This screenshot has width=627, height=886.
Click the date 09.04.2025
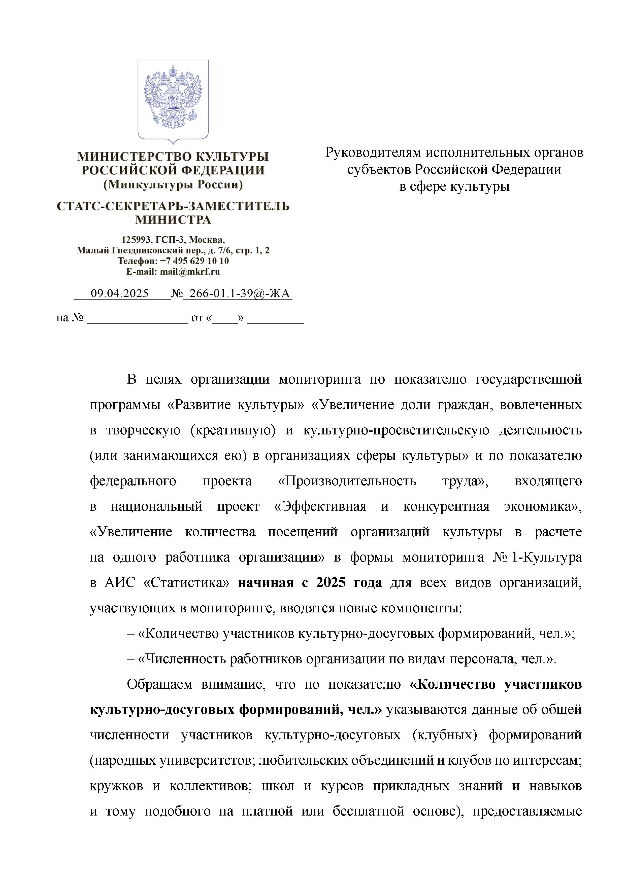tap(120, 294)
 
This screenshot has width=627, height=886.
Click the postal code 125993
tap(134, 240)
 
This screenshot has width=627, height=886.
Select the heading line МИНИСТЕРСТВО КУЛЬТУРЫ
tap(173, 157)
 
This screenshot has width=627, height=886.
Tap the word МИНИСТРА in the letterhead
tap(173, 220)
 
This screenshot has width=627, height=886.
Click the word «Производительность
tap(347, 481)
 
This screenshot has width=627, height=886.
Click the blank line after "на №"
tap(137, 319)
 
